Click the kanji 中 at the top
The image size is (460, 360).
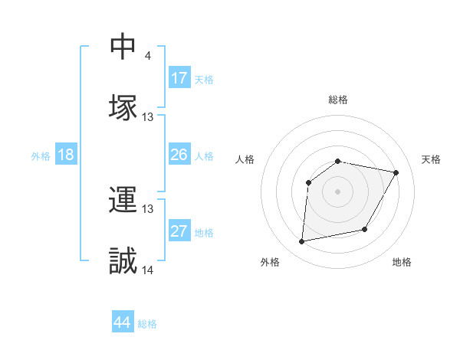(x=123, y=47)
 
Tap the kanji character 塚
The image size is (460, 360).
(x=123, y=106)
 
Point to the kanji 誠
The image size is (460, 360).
(x=123, y=260)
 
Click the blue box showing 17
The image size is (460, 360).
(x=179, y=78)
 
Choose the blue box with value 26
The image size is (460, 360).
(x=179, y=155)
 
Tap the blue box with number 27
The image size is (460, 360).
(x=179, y=231)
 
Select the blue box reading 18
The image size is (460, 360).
(x=66, y=155)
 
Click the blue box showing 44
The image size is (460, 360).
(x=123, y=322)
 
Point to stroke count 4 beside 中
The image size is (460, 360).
(x=147, y=55)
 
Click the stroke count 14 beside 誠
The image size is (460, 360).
(x=148, y=270)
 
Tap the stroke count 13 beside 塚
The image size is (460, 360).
(x=148, y=116)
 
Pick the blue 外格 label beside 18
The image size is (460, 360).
(x=41, y=156)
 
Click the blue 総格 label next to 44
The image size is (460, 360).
(x=147, y=324)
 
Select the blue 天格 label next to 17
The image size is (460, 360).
(x=204, y=80)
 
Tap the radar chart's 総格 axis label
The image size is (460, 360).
(x=338, y=100)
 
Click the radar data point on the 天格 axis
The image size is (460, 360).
(x=396, y=173)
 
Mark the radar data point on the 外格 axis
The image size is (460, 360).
(x=302, y=242)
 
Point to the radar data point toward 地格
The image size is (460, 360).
(x=365, y=230)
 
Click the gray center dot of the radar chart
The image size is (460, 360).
(x=338, y=191)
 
